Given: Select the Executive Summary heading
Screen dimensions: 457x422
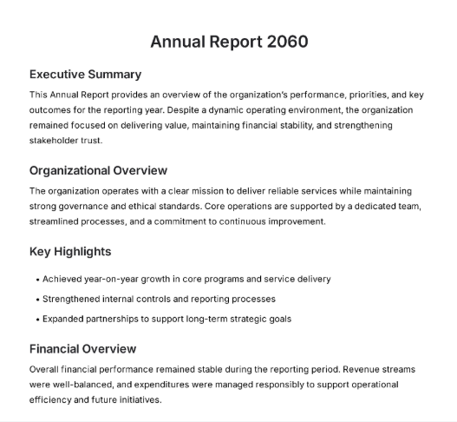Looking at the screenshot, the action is (x=85, y=74).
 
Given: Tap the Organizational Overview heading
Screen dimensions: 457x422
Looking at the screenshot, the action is (x=98, y=170).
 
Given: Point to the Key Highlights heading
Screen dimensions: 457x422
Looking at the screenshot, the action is (x=70, y=252).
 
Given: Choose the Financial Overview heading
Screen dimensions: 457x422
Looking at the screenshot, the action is (x=82, y=348).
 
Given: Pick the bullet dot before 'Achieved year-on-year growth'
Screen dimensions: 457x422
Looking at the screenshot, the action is (x=37, y=280).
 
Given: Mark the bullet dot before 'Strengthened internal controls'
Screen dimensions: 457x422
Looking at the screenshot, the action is (x=37, y=300).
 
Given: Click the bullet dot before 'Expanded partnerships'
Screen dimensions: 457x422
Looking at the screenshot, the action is (x=37, y=320).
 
